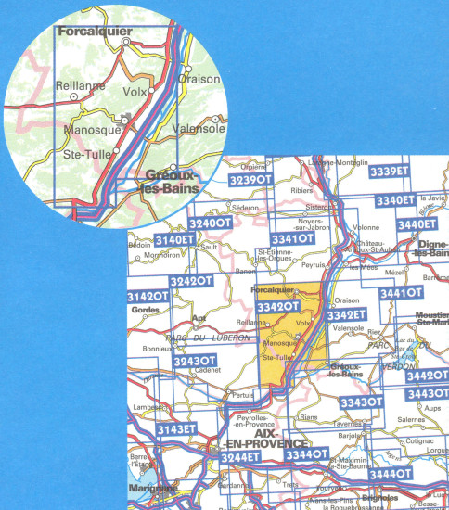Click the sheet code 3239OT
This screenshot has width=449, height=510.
(x=248, y=180)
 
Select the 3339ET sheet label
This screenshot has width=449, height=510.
(x=389, y=172)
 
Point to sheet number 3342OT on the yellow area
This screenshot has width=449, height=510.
(x=277, y=307)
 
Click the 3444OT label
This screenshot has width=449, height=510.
(x=391, y=474)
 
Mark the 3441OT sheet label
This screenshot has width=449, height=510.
(x=401, y=293)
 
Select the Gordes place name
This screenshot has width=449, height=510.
(x=145, y=310)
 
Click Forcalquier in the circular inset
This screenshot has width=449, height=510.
(x=93, y=31)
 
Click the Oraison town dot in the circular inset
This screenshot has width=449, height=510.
(x=187, y=69)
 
